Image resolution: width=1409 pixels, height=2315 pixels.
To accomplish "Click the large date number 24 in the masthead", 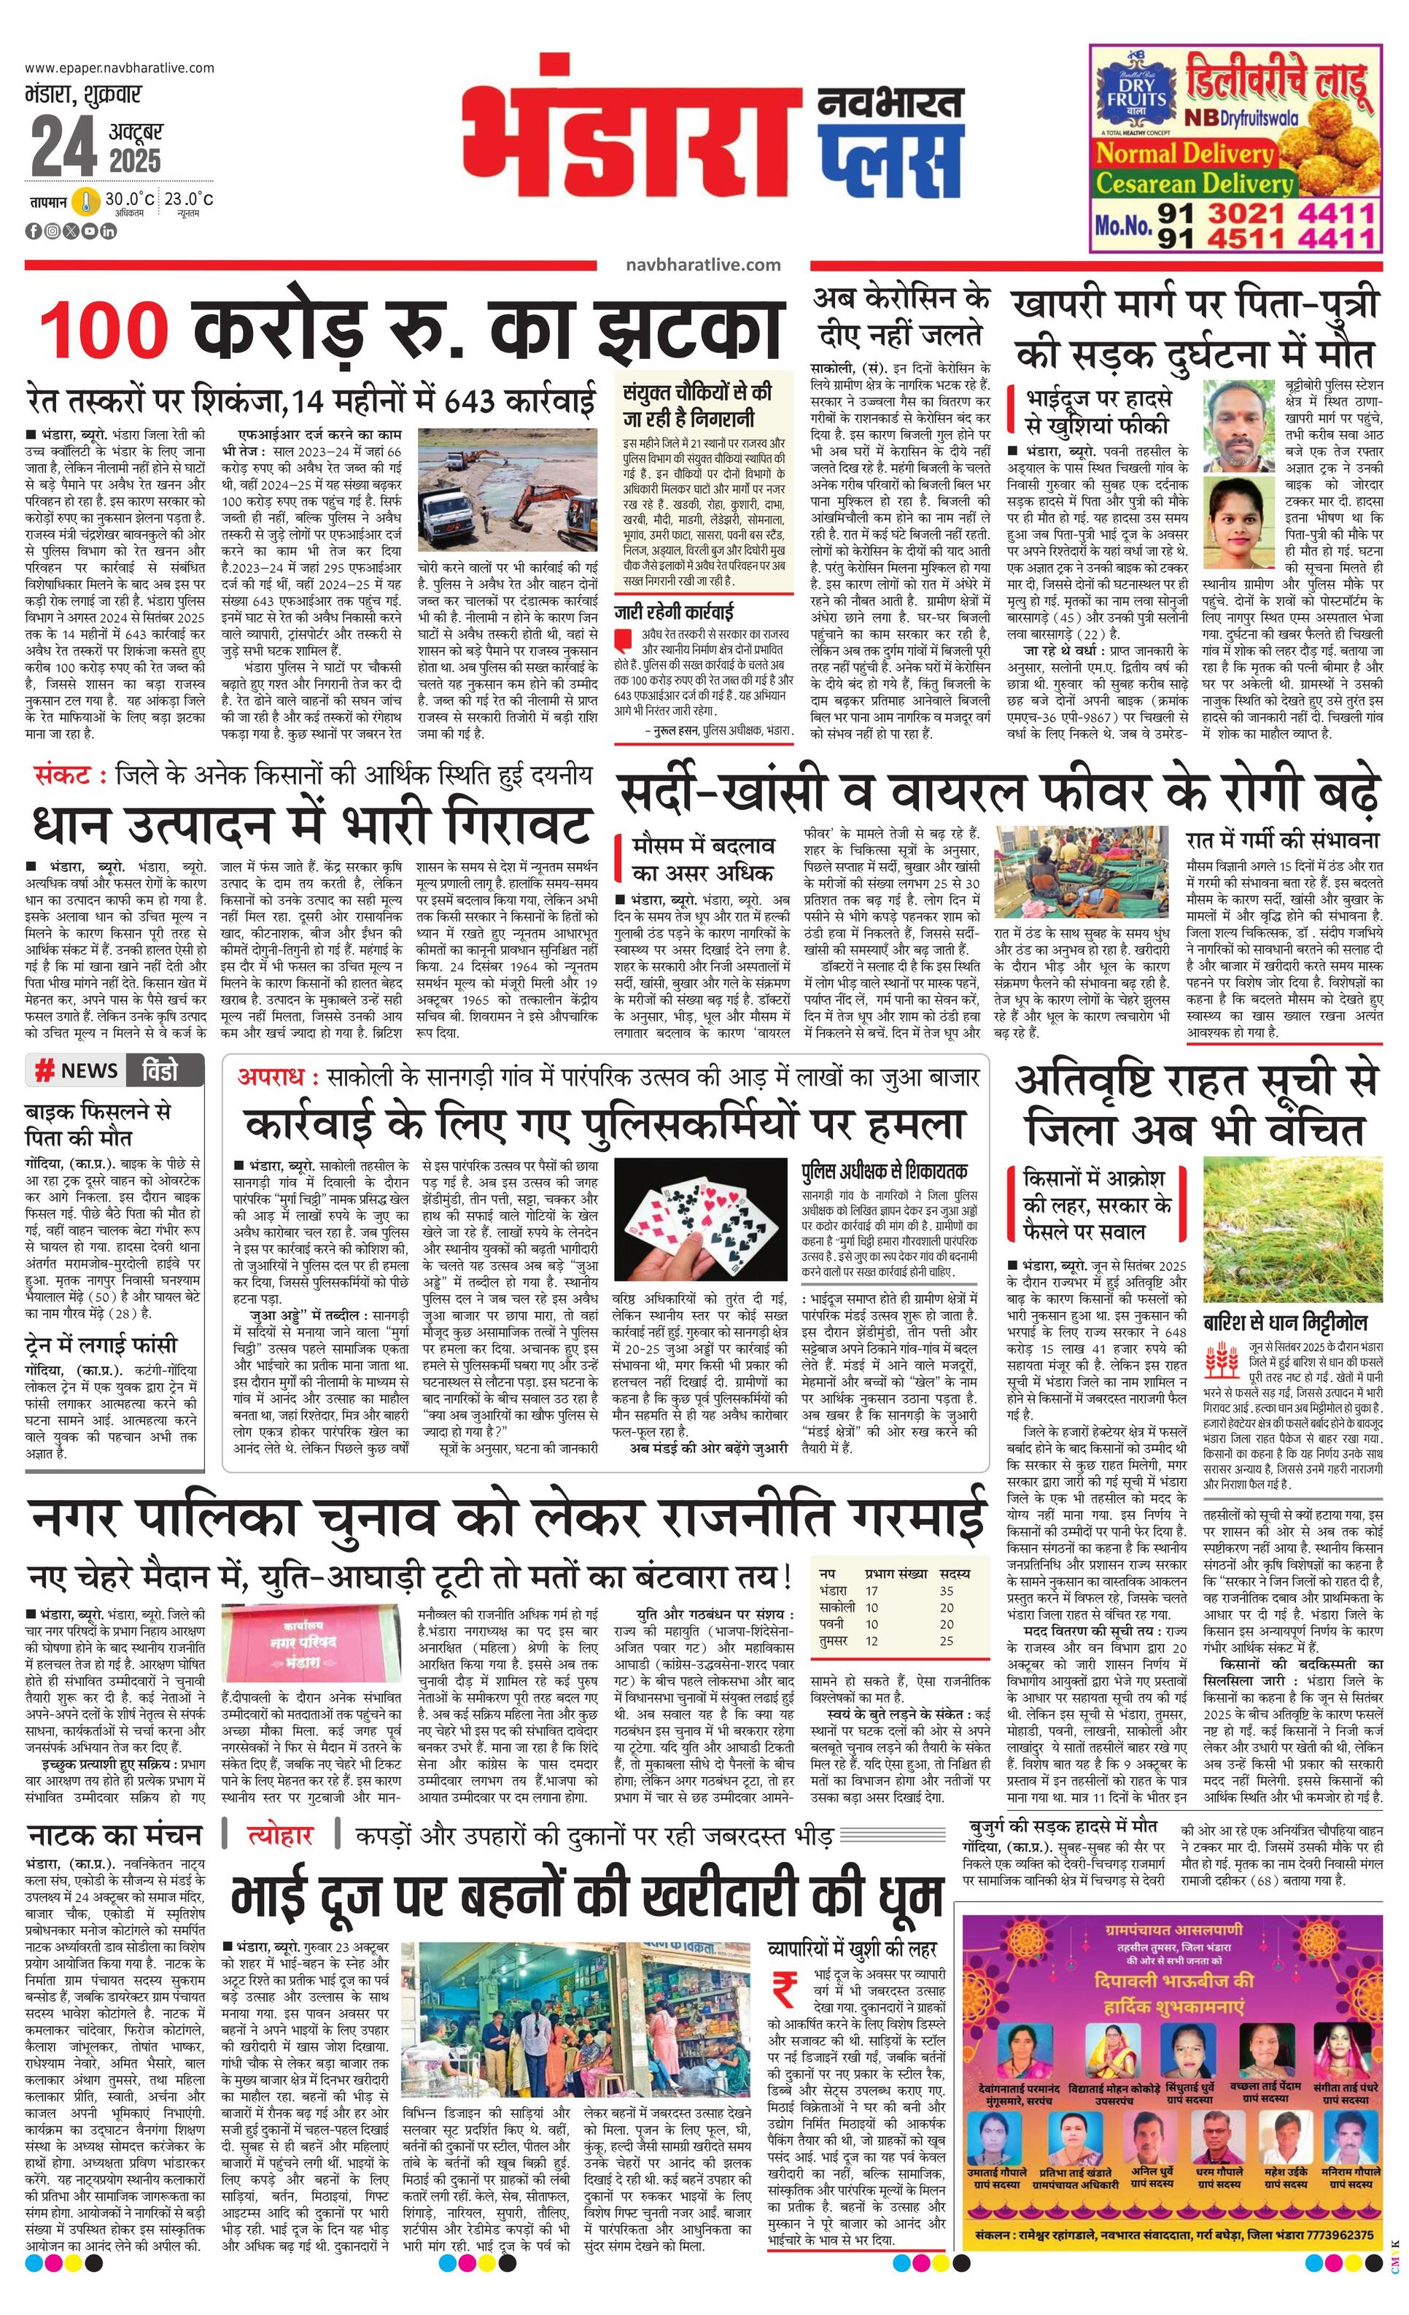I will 63,147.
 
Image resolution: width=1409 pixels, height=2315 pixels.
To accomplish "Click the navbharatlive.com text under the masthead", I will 702,265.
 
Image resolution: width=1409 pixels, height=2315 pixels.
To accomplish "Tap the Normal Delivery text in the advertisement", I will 1185,153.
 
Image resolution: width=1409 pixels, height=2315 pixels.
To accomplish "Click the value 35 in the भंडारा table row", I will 946,1591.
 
